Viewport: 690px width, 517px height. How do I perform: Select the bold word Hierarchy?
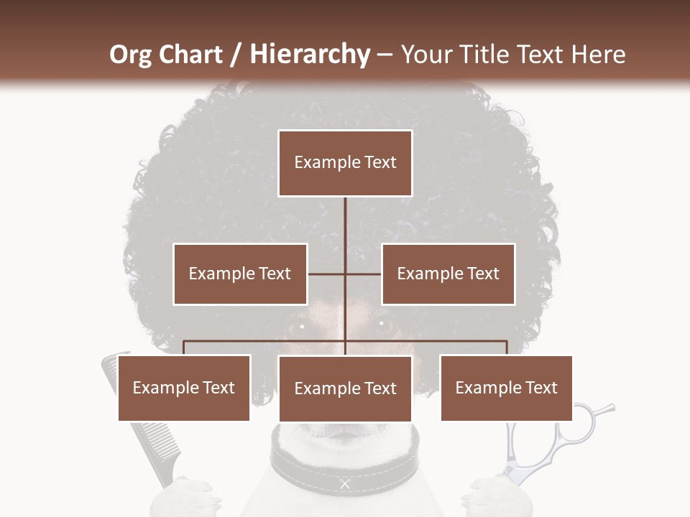tap(309, 55)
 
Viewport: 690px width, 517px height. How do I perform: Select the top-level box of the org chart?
tap(345, 163)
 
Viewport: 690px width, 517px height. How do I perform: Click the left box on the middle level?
tap(240, 274)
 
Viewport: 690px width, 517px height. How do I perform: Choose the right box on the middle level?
tap(448, 274)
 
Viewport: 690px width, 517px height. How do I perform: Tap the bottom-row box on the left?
tap(184, 388)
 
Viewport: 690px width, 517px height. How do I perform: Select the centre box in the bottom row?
tap(345, 389)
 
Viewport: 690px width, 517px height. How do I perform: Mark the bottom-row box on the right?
tap(507, 388)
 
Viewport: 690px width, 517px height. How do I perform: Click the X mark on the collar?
tap(344, 484)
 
